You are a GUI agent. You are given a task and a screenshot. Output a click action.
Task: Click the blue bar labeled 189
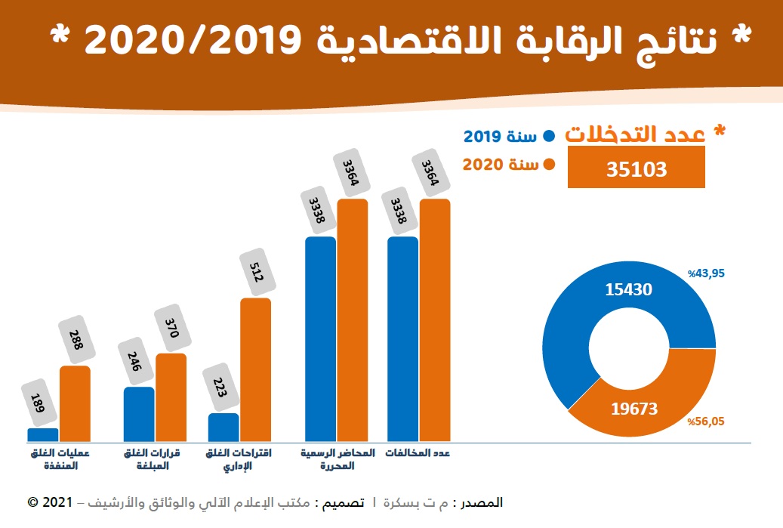(x=42, y=434)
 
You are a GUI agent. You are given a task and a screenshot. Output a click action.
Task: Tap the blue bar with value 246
(x=139, y=414)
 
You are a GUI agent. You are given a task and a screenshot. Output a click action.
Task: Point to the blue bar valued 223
(x=223, y=427)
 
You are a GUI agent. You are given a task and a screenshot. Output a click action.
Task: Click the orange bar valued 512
(x=255, y=369)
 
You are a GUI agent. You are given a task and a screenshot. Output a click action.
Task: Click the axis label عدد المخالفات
(x=418, y=453)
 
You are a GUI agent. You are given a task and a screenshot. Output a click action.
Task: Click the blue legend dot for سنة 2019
(x=549, y=137)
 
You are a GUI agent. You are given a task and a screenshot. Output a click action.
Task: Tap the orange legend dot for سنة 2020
(x=549, y=165)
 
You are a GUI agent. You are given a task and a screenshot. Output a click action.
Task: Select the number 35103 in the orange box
(x=637, y=168)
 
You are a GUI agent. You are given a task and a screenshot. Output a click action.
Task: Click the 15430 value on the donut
(x=628, y=289)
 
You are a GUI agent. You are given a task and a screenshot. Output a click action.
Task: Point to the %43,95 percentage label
(x=706, y=273)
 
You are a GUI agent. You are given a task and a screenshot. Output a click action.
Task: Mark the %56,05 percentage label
(x=706, y=422)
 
